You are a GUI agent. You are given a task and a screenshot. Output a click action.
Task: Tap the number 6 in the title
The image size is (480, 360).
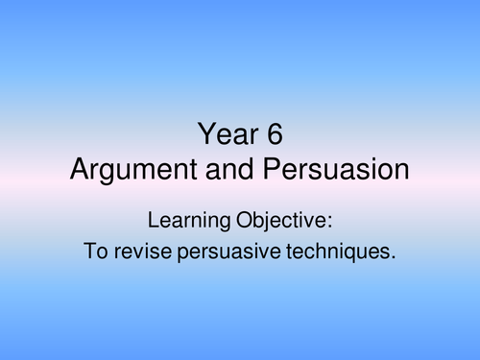[x=275, y=135]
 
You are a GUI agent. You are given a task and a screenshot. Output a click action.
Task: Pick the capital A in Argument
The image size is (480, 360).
[x=77, y=170]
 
